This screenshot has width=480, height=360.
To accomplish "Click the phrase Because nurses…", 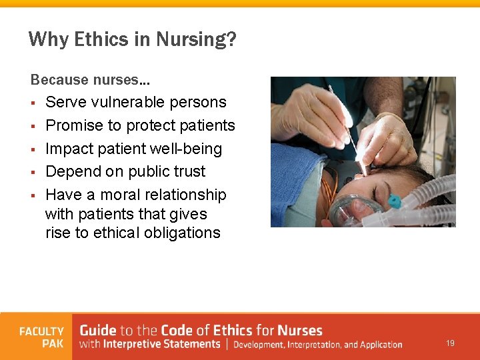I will coord(90,80).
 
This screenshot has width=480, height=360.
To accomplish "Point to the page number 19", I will coord(451,343).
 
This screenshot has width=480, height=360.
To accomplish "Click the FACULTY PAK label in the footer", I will coord(41,337).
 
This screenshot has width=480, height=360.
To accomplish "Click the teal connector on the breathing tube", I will coord(395,201).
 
